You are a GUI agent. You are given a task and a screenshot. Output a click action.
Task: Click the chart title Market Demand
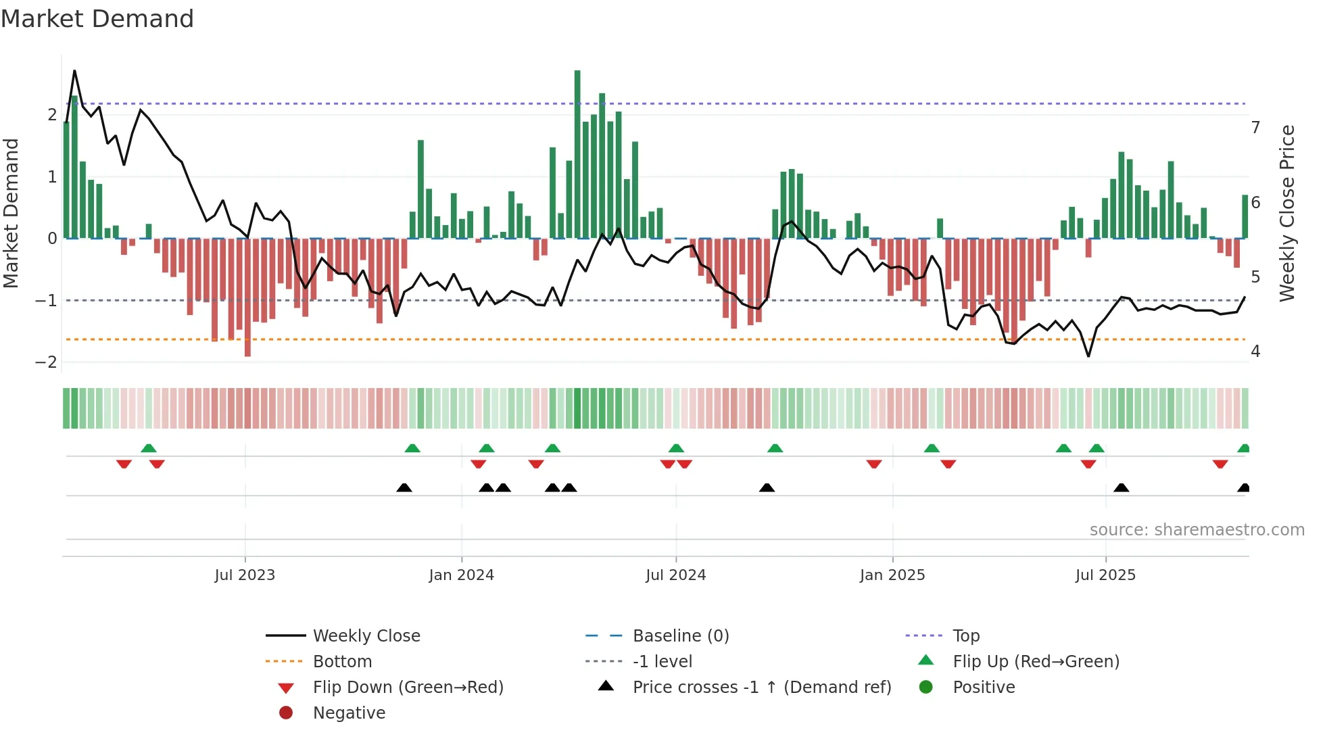tap(97, 18)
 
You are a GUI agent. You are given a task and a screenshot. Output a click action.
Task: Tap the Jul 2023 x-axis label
tap(245, 575)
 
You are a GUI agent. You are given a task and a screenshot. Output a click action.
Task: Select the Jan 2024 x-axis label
tap(461, 575)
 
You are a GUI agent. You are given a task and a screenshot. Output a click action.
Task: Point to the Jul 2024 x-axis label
tap(675, 575)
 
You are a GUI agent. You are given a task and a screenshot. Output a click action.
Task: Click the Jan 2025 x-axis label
tap(892, 575)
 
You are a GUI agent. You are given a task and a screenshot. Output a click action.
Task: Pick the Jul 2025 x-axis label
tap(1105, 575)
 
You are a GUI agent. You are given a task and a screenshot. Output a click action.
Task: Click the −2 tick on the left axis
tap(46, 362)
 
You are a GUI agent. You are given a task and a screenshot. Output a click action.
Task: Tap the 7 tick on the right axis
tap(1255, 128)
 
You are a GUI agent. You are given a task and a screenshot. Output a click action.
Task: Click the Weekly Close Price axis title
tap(1287, 213)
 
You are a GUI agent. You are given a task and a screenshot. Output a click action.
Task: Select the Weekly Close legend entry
tap(366, 636)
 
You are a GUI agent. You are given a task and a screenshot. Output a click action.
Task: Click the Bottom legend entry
tap(342, 662)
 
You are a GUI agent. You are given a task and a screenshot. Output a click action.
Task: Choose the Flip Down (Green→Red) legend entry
tap(408, 688)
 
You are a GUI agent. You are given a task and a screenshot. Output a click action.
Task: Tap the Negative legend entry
tap(349, 713)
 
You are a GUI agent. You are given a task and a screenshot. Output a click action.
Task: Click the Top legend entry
tap(966, 636)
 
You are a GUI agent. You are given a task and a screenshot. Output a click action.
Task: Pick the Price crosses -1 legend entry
tap(761, 688)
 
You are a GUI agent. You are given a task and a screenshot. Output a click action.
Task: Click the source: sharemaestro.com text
tap(1197, 530)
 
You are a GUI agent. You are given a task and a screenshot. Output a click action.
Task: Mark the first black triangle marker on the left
tap(404, 487)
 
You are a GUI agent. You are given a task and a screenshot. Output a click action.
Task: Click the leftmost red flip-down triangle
tap(124, 464)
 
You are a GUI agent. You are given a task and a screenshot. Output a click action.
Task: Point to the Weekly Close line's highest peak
tap(74, 71)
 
